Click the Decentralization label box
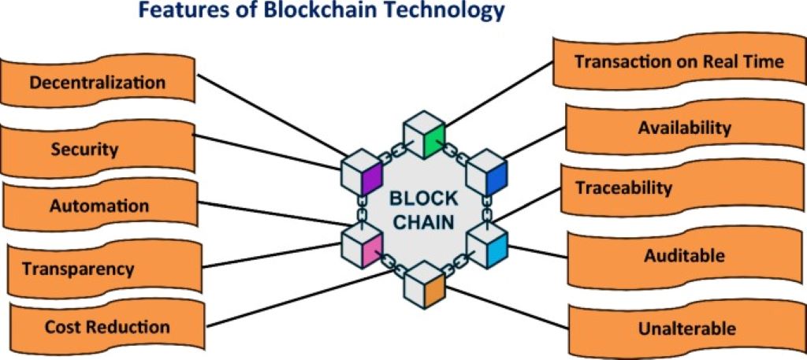pos(98,82)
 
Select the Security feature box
pos(96,149)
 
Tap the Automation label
pos(99,206)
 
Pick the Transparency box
pos(79,269)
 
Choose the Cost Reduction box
pos(107,326)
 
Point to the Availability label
pos(684,127)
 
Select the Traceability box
pos(623,188)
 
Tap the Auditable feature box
pos(684,256)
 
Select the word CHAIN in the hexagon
pos(423,222)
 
